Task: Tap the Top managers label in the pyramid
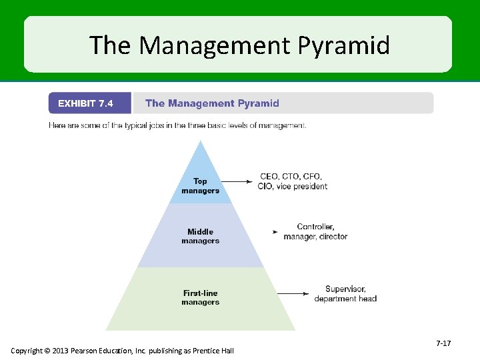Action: [x=200, y=186]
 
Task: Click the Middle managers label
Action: [x=200, y=237]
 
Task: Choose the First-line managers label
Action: [x=200, y=297]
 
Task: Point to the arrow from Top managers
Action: [x=236, y=181]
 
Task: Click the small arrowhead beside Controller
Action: [x=275, y=232]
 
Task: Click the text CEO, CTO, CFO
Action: [x=291, y=177]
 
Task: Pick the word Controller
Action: [x=315, y=227]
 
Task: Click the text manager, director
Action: [x=315, y=237]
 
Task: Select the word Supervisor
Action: [x=345, y=289]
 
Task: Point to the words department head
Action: [x=345, y=299]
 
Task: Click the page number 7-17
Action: [x=443, y=343]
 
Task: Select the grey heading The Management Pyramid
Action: [x=212, y=103]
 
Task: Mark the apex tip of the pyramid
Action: [x=201, y=141]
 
